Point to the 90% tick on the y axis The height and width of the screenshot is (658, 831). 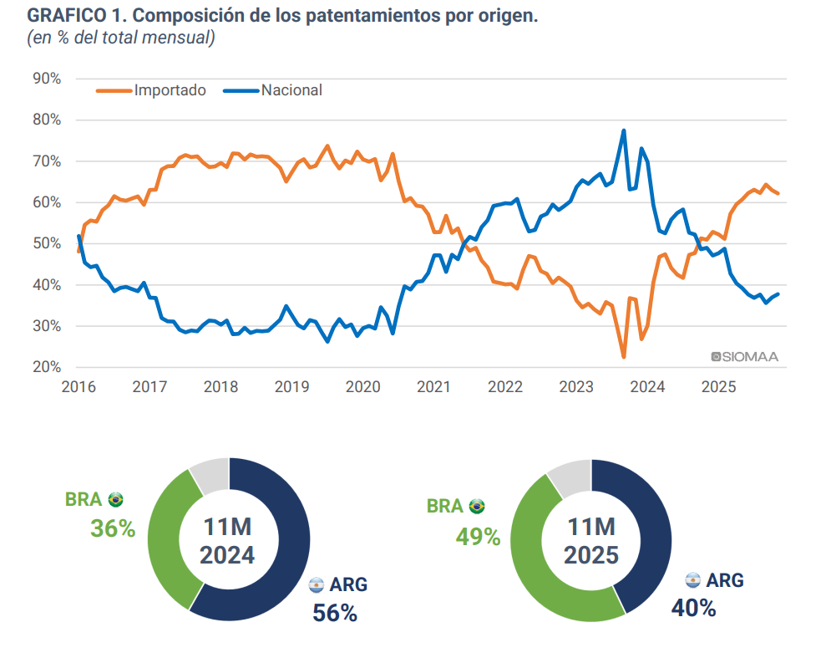[x=46, y=79]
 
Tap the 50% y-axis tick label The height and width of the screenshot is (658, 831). [x=46, y=243]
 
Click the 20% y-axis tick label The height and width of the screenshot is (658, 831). [x=46, y=367]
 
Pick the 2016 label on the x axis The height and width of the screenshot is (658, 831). [x=79, y=387]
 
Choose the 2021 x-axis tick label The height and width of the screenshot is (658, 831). [x=434, y=387]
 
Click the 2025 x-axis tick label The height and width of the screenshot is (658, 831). [x=718, y=387]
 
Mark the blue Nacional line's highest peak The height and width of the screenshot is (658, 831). [x=624, y=130]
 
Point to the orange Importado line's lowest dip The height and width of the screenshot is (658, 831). [x=624, y=357]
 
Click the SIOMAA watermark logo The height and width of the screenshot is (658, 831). [x=744, y=357]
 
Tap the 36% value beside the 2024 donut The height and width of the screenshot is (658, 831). [x=113, y=528]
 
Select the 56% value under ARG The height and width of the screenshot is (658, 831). [x=335, y=613]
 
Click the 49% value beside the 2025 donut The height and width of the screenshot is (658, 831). [x=478, y=536]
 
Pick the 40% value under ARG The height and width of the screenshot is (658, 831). [x=693, y=608]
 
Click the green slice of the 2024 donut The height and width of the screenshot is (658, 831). [x=167, y=543]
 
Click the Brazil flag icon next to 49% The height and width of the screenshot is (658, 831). [x=477, y=506]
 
